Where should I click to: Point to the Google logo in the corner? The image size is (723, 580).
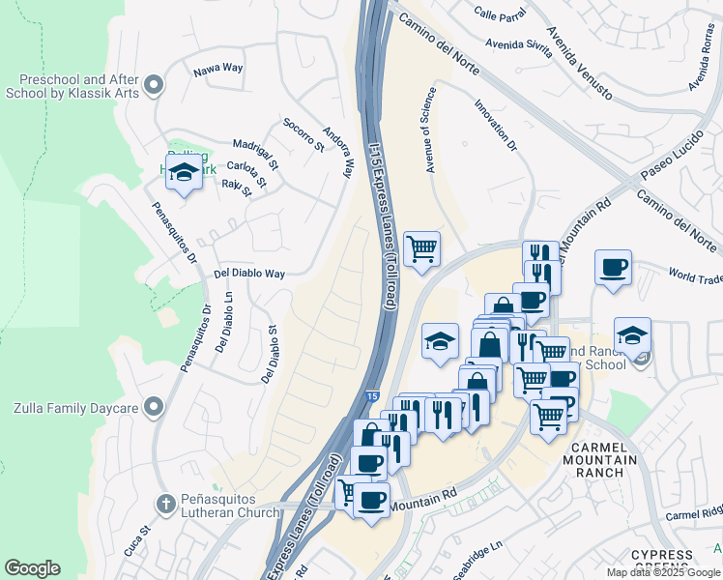coord(32,568)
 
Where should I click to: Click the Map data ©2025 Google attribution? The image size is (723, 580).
coord(663,572)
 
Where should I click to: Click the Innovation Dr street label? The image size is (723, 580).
coord(495,126)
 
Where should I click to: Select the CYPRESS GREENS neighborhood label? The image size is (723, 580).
coord(663,555)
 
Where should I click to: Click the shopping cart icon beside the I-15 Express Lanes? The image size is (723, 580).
coord(421,248)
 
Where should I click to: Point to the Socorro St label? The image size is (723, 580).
coord(303,135)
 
